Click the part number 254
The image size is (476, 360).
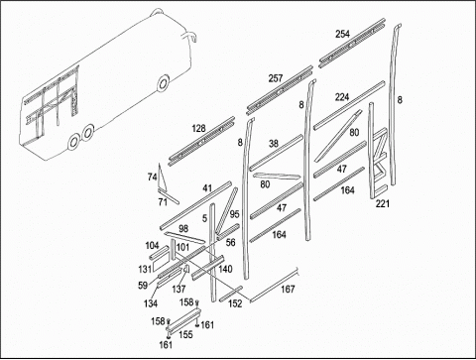(342, 34)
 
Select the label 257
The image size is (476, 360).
(276, 78)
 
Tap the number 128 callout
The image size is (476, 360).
(198, 128)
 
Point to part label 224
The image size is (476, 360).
(342, 97)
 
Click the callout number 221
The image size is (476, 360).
(383, 203)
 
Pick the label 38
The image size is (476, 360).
(274, 144)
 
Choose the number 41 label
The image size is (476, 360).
(207, 188)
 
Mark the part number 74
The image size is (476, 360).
(152, 178)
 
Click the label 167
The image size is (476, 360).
(288, 290)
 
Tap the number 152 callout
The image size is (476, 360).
(235, 303)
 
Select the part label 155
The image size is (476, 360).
(185, 334)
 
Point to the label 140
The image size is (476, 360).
(225, 269)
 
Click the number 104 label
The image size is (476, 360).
(152, 246)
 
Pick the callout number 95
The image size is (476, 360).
(234, 214)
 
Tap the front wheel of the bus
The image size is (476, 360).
(163, 83)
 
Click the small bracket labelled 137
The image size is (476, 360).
(186, 269)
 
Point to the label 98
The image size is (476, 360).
(183, 228)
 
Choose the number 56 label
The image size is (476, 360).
(230, 243)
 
